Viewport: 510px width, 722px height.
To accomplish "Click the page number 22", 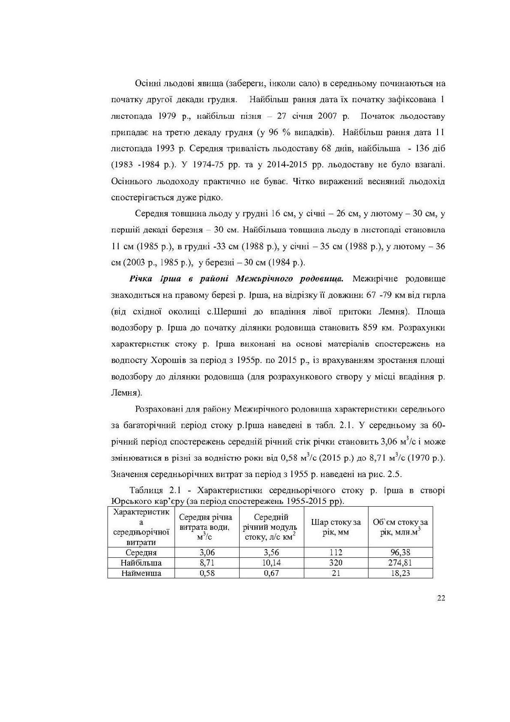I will pos(441,598).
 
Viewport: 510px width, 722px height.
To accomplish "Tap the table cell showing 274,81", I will pos(400,563).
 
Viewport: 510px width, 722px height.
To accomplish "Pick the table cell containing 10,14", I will pos(271,563).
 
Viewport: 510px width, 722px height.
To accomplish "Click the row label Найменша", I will pos(141,573).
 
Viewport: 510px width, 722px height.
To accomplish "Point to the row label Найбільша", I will pos(141,563).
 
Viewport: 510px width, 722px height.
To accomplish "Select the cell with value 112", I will pos(336,553).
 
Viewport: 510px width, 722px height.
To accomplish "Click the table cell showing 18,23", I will pos(400,573).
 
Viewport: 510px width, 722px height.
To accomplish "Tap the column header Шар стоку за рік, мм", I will pos(336,527).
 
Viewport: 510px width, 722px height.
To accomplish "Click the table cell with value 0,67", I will pos(271,573).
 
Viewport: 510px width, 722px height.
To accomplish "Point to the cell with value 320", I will pos(336,563).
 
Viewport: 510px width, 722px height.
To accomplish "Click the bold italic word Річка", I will pos(140,279).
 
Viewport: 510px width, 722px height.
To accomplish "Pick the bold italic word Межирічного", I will pos(262,279).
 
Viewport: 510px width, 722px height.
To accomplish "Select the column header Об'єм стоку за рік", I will pos(400,527).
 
